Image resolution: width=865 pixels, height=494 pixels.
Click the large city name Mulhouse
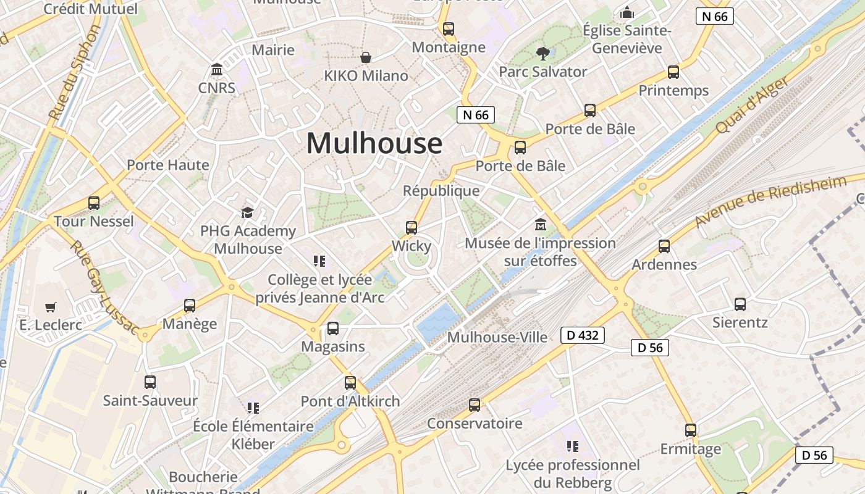pos(374,143)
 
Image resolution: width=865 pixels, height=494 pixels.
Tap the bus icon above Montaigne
pos(449,29)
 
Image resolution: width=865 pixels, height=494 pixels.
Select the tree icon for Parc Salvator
pos(543,54)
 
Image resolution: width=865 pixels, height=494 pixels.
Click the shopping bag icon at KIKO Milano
pos(366,57)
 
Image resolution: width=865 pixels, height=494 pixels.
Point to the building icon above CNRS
pos(217,69)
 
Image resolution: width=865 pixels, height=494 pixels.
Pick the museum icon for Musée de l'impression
pos(541,224)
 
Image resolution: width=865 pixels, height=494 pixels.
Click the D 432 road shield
pos(582,335)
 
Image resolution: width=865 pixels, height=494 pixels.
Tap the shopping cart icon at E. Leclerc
pos(51,307)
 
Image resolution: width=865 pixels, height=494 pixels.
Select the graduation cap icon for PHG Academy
pos(248,213)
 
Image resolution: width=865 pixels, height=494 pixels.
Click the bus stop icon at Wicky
pos(411,228)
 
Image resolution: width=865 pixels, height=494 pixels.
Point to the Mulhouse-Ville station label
pos(497,337)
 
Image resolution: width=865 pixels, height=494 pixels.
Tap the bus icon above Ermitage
pos(691,430)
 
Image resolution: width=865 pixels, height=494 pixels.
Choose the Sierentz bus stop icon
pos(740,304)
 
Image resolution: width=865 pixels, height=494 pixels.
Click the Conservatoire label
pos(475,424)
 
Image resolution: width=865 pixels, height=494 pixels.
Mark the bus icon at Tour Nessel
pos(94,203)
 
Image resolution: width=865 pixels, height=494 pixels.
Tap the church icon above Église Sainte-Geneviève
pos(627,12)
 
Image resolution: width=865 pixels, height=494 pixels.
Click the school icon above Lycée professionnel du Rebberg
pos(573,446)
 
